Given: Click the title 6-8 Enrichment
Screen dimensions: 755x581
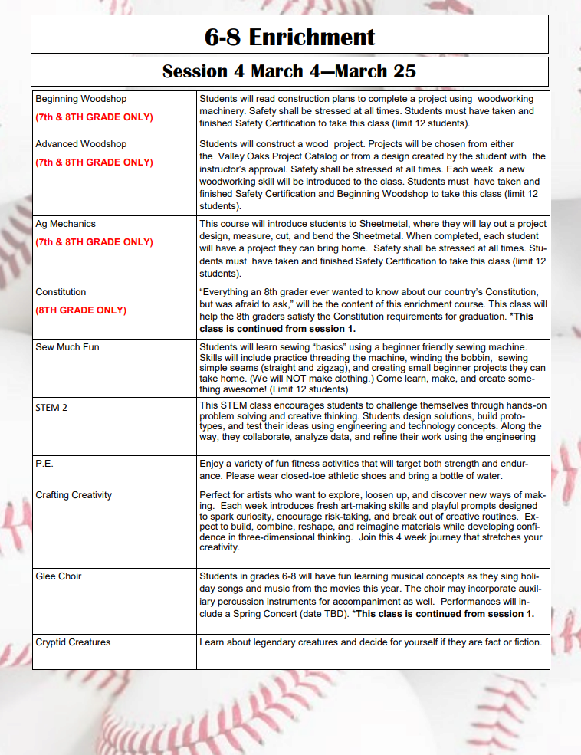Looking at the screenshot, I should (x=290, y=36).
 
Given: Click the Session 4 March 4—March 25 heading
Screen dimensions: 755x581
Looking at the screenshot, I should (x=290, y=72).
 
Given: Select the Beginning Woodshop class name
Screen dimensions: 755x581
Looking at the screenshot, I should (x=81, y=99).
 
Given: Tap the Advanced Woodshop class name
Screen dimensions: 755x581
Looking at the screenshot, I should (x=81, y=144).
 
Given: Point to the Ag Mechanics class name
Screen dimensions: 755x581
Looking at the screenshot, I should (x=65, y=224).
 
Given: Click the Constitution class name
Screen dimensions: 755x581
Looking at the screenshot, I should (x=61, y=292).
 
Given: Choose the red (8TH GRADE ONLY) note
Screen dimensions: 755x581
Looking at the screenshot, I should (x=81, y=310).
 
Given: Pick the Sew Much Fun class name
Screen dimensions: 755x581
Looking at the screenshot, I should (x=67, y=347).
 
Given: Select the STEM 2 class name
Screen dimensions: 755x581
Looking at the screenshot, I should (x=51, y=408).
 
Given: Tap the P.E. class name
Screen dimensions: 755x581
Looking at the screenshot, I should (x=44, y=464).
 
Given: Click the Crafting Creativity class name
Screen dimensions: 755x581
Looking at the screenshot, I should (x=74, y=495).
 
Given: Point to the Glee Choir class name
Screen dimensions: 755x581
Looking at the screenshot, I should (x=58, y=576).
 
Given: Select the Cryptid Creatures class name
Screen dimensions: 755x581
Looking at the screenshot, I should (x=73, y=642).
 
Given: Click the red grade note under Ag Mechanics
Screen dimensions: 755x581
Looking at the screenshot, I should (x=94, y=242).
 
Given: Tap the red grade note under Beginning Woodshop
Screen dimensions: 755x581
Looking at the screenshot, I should (x=94, y=117).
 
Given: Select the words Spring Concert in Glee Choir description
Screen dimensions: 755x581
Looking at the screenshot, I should (x=260, y=614).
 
